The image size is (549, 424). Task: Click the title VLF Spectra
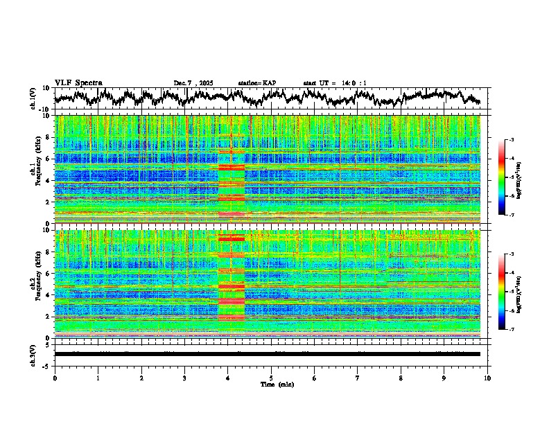pyautogui.click(x=78, y=82)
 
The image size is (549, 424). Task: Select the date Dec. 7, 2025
pyautogui.click(x=193, y=83)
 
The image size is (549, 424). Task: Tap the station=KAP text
pyautogui.click(x=257, y=83)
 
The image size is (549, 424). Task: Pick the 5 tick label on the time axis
pyautogui.click(x=271, y=378)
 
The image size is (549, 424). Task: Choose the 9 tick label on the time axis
pyautogui.click(x=444, y=378)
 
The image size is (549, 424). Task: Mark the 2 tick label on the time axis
pyautogui.click(x=141, y=378)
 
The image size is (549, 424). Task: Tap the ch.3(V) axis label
pyautogui.click(x=33, y=353)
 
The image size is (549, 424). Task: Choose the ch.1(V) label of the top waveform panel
pyautogui.click(x=33, y=98)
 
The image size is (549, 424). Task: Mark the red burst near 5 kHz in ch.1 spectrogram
pyautogui.click(x=232, y=167)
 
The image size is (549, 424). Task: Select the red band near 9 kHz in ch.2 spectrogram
pyautogui.click(x=232, y=238)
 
